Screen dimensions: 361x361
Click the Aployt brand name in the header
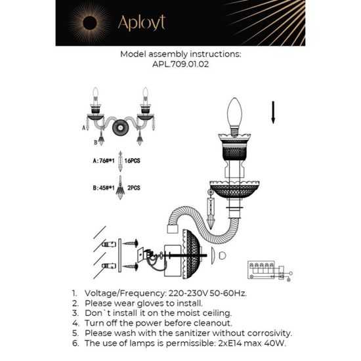[141, 22]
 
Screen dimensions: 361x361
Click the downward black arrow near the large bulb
[272, 113]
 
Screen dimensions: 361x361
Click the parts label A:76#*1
[105, 159]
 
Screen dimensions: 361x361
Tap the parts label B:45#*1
[105, 187]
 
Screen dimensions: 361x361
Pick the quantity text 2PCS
[134, 187]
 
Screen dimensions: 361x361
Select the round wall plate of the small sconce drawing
[120, 127]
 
